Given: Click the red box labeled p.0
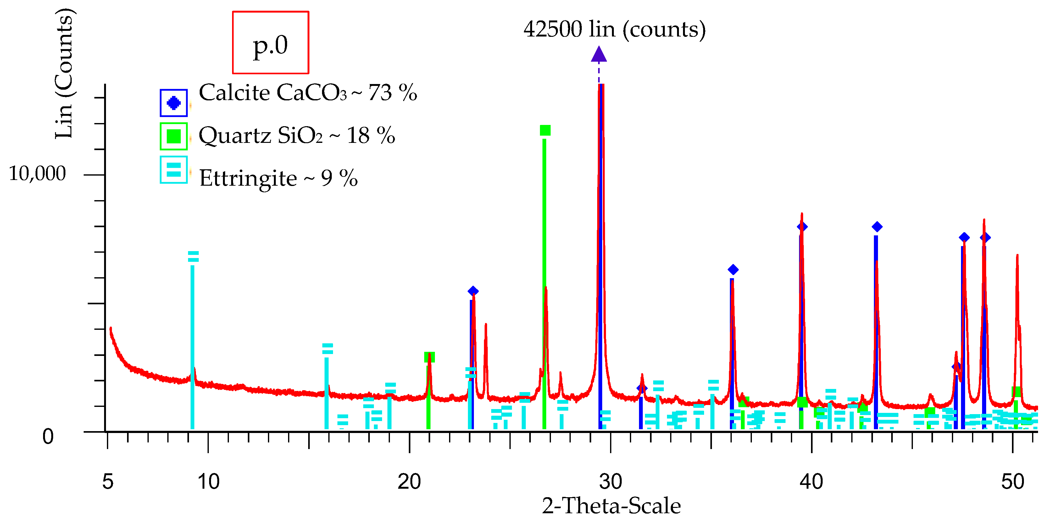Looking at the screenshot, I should (270, 42).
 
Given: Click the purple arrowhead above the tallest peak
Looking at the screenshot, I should (599, 54).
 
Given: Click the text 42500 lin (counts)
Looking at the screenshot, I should (614, 29).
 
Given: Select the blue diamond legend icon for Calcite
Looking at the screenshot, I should (174, 103).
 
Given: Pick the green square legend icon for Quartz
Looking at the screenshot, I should (174, 136).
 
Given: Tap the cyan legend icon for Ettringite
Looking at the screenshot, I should (174, 170).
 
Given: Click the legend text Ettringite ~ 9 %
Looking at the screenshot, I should (278, 178).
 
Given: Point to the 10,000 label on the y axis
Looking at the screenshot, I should (37, 174).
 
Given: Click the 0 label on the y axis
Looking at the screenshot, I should (48, 437).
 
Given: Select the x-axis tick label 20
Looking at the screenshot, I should (409, 482).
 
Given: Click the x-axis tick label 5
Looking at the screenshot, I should (108, 482).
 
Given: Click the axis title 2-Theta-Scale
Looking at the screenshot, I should (611, 506).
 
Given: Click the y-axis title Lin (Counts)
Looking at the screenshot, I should (64, 73).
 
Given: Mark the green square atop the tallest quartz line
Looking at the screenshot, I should (545, 130).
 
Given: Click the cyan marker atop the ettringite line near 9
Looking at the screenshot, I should (193, 256).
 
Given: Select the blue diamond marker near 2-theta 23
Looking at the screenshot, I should (473, 291).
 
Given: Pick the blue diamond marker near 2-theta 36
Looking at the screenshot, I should (733, 270).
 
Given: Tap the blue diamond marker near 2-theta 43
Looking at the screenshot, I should (877, 227).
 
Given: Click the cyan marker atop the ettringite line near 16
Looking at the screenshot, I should (327, 349).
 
